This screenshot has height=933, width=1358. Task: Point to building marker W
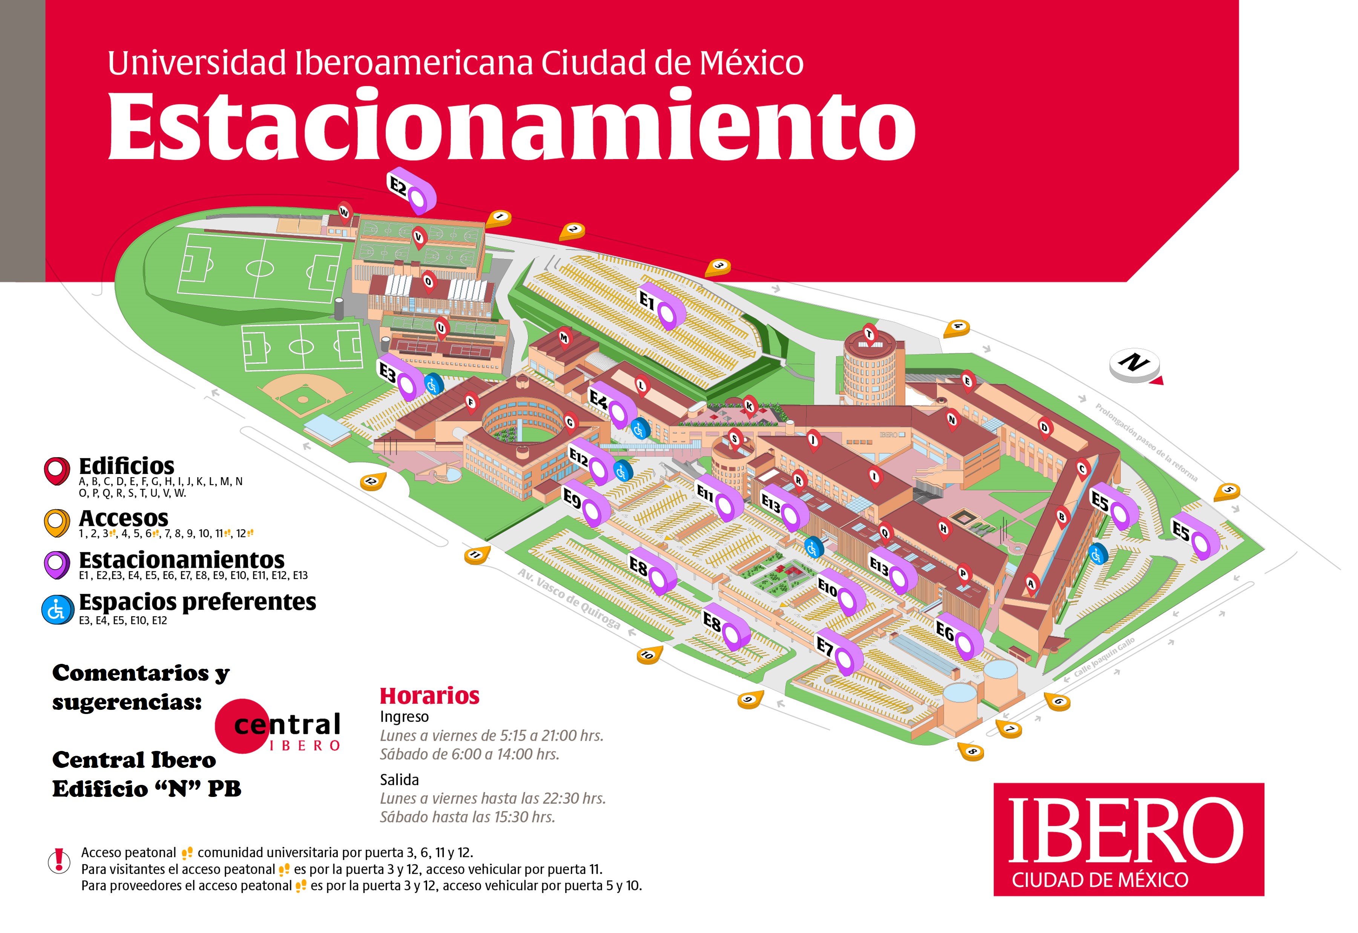pyautogui.click(x=344, y=213)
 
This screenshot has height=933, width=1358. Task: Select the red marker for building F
pyautogui.click(x=471, y=403)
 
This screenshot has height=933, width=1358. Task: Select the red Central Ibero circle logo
pyautogui.click(x=242, y=725)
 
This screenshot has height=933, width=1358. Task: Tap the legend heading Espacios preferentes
pyautogui.click(x=197, y=602)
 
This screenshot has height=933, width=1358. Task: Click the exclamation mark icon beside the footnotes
pyautogui.click(x=58, y=861)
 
